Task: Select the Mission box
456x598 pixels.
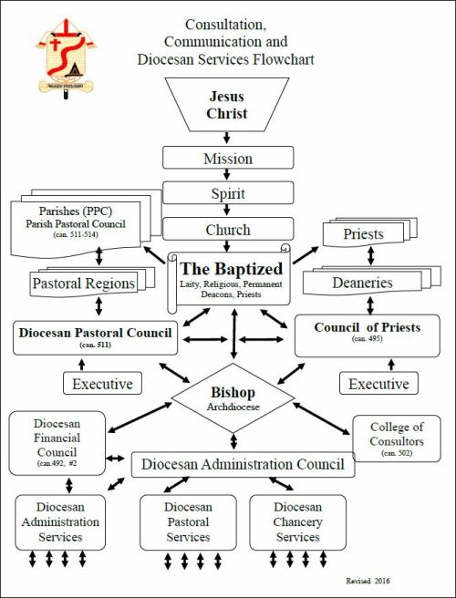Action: [x=228, y=158]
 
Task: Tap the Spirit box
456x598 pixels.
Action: [x=228, y=193]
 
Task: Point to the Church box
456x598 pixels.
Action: [x=228, y=230]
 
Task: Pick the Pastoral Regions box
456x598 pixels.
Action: [x=84, y=284]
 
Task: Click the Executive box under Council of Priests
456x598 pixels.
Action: [x=378, y=384]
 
